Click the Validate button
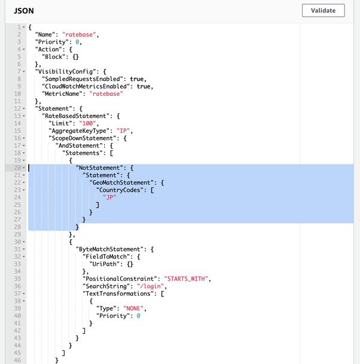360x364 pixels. tap(323, 10)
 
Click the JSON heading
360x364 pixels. tap(24, 11)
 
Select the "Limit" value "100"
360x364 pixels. tap(87, 123)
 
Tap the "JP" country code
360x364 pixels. tap(109, 198)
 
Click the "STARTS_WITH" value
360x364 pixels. tap(186, 278)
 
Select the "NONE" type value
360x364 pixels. tap(133, 308)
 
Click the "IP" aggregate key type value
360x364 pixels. tap(123, 131)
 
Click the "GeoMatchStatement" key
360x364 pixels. tap(121, 183)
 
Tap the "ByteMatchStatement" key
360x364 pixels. tap(109, 249)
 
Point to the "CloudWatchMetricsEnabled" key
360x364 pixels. tap(84, 86)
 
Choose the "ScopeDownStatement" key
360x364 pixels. tap(81, 138)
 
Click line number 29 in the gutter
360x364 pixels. tap(17, 234)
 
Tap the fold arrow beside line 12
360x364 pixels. tap(24, 108)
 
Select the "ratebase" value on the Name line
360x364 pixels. tap(79, 35)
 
